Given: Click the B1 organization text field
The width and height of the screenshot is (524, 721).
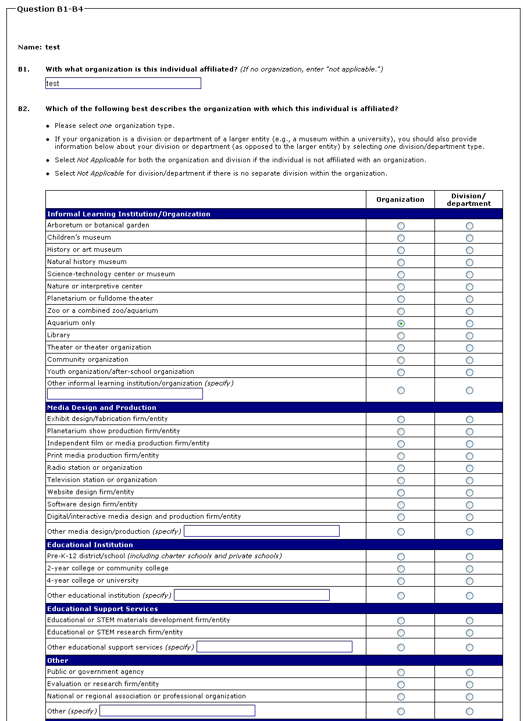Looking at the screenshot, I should [123, 83].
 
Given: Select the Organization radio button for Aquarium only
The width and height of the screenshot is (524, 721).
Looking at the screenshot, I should [401, 323].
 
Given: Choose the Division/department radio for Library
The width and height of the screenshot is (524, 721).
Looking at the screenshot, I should [469, 335].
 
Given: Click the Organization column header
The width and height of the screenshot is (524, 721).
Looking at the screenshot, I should [400, 199].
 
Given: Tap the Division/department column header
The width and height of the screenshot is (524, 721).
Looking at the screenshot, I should [469, 199].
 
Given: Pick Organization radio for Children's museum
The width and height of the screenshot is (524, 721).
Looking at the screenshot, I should [401, 238].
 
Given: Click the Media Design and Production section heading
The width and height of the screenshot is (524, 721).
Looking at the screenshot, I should [102, 408].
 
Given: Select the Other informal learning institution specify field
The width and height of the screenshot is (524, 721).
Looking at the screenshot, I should [125, 394].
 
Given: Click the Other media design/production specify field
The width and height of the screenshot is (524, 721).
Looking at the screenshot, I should [262, 531].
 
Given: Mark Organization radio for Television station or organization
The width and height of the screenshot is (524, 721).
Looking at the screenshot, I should [401, 480].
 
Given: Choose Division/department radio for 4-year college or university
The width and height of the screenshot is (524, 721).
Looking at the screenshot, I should [469, 581].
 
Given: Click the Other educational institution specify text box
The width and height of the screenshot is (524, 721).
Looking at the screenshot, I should [252, 595].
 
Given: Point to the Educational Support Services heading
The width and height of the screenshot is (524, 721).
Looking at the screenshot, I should [102, 609].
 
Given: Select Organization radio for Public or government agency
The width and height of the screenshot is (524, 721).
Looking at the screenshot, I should [401, 672].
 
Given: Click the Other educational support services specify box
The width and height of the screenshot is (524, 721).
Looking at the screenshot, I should [275, 647].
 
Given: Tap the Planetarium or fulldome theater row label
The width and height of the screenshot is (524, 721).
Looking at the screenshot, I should [100, 298].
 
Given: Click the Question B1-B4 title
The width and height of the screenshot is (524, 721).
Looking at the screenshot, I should [50, 9].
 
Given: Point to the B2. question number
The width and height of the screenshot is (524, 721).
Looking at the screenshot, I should [24, 109].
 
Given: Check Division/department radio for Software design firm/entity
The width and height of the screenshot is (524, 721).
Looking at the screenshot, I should [469, 505].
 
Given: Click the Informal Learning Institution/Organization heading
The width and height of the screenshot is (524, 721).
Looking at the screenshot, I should [129, 214].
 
